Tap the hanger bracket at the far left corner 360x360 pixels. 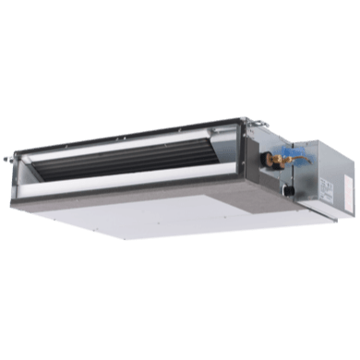[20, 149]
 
